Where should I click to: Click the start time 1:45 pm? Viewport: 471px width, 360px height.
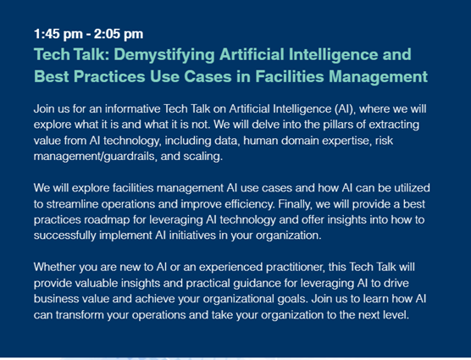coord(58,34)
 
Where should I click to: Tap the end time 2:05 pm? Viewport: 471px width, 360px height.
coord(119,34)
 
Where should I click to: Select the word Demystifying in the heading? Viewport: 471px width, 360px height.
coord(164,55)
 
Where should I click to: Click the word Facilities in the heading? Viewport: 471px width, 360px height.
coord(289,76)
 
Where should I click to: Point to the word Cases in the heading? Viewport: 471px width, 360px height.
coord(208,76)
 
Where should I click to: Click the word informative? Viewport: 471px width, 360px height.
coord(132,108)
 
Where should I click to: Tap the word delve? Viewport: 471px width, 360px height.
coord(263,125)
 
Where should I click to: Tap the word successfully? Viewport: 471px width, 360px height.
coord(64,235)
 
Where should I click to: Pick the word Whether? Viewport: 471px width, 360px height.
coord(55,267)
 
